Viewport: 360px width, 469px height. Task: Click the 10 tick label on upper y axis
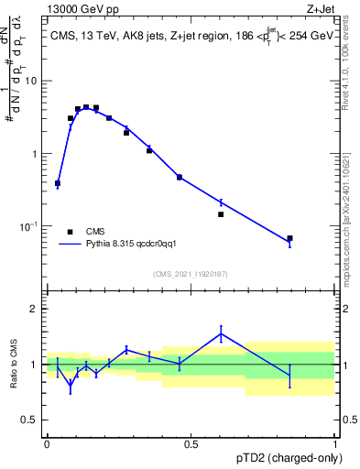coord(31,82)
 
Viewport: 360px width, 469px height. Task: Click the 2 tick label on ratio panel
coord(34,309)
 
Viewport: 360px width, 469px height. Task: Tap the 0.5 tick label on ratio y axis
coord(29,420)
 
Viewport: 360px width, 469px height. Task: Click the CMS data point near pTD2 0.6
coord(221,214)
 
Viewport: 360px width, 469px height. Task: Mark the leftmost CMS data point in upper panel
coord(58,183)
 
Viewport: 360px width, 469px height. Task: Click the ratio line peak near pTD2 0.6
coord(221,333)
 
